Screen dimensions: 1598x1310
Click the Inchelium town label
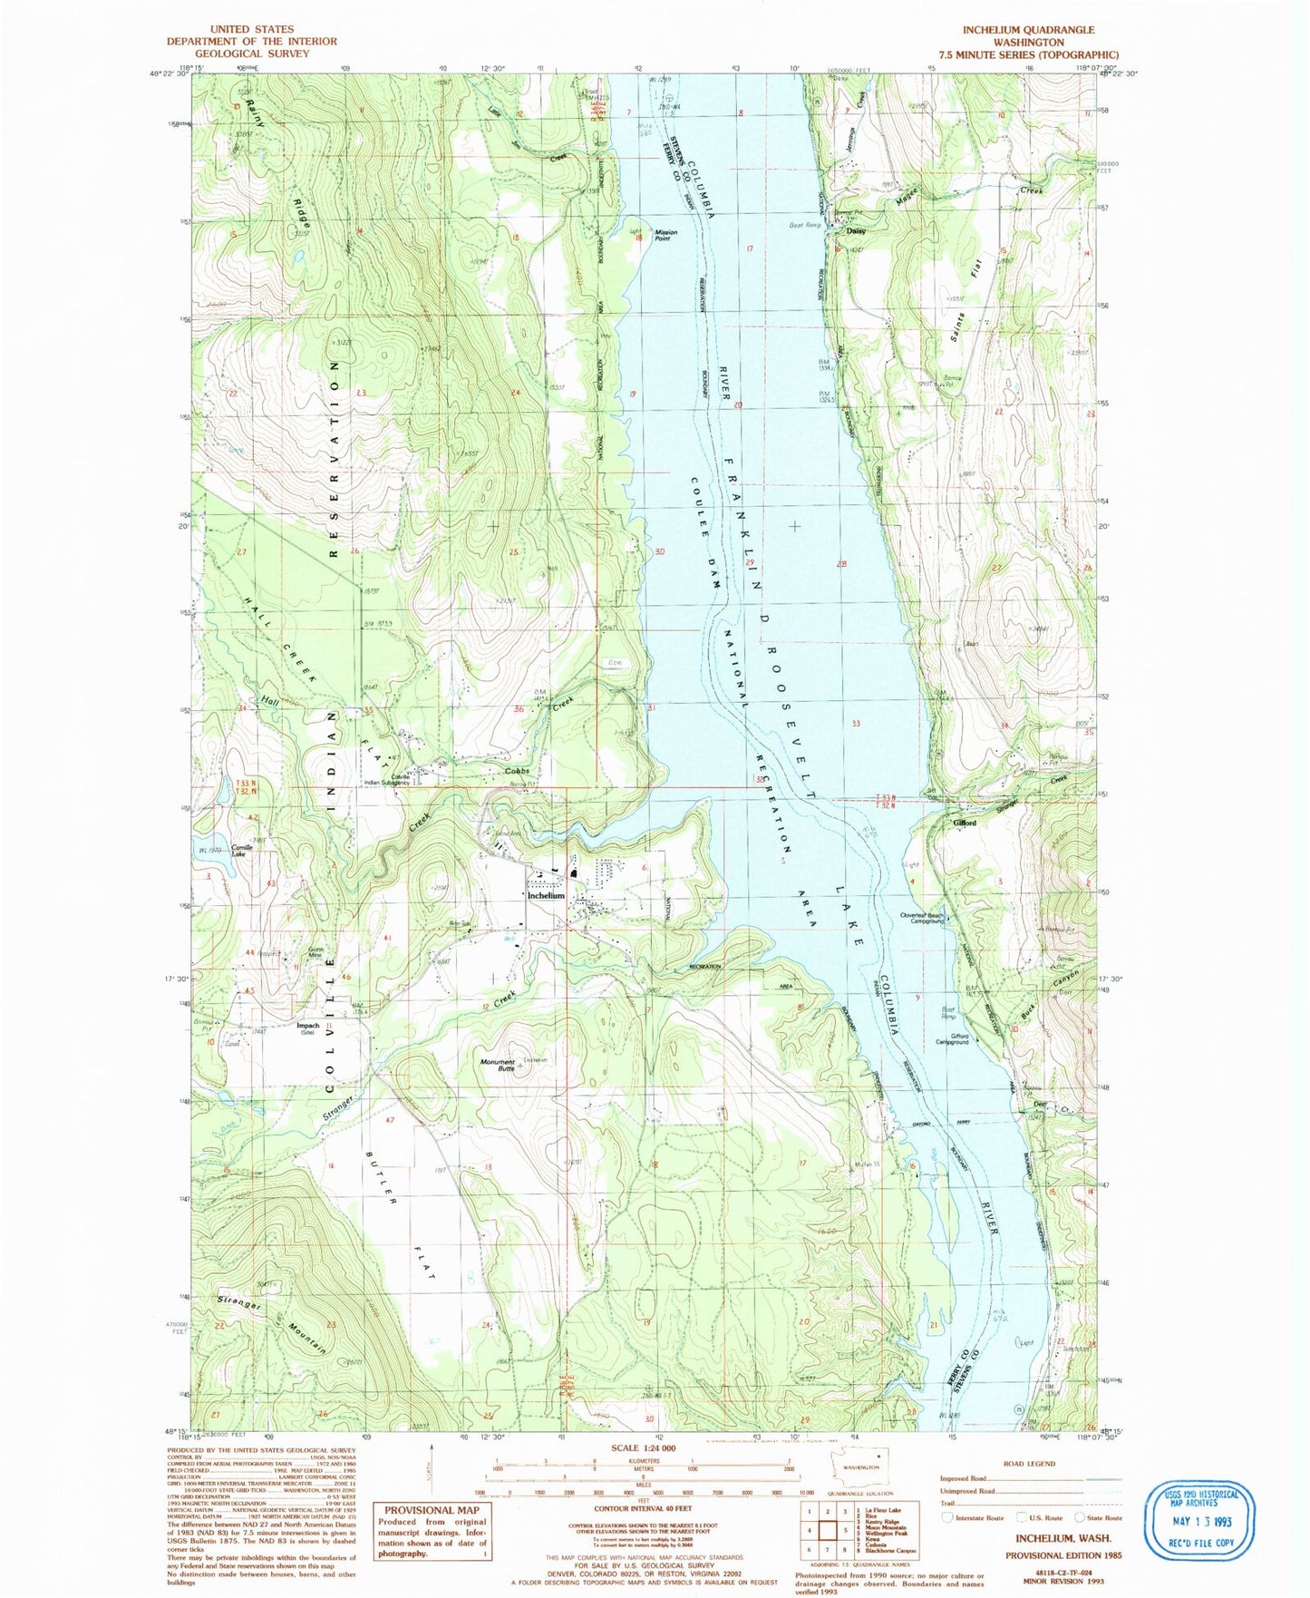click(546, 895)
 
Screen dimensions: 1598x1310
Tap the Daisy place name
click(856, 230)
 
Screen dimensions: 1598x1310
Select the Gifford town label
click(965, 823)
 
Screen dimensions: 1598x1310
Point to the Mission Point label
click(666, 235)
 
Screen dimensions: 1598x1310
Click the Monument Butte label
click(498, 1065)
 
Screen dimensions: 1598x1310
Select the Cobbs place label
click(517, 771)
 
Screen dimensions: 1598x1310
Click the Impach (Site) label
click(308, 1028)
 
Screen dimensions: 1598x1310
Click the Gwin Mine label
click(315, 951)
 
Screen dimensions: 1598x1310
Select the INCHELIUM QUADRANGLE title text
click(1028, 30)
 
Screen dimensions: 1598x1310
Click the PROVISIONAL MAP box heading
click(431, 1510)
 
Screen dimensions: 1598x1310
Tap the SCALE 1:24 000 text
click(645, 1448)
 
